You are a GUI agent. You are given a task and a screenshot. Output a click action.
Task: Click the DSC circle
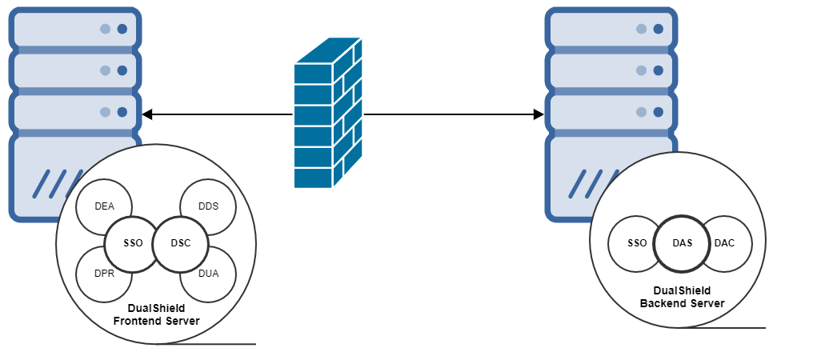pos(181,243)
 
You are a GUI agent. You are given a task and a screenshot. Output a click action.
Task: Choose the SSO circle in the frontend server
pos(132,243)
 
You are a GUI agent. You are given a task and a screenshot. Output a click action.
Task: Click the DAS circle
pos(682,242)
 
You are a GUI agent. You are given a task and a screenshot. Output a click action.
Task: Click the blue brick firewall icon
pos(328,114)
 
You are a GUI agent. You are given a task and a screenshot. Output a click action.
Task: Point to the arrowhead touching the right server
pos(539,114)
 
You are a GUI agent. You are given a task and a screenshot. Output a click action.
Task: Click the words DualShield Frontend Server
pos(156,314)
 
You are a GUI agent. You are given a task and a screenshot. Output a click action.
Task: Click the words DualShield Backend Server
pos(682,297)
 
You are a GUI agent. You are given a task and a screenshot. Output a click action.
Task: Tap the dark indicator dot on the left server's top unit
pos(122,29)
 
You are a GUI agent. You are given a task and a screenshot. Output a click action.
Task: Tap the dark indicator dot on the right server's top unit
pos(659,29)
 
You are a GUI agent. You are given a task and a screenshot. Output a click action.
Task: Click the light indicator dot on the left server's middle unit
pos(105,70)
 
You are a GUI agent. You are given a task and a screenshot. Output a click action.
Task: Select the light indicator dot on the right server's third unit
pos(641,112)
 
